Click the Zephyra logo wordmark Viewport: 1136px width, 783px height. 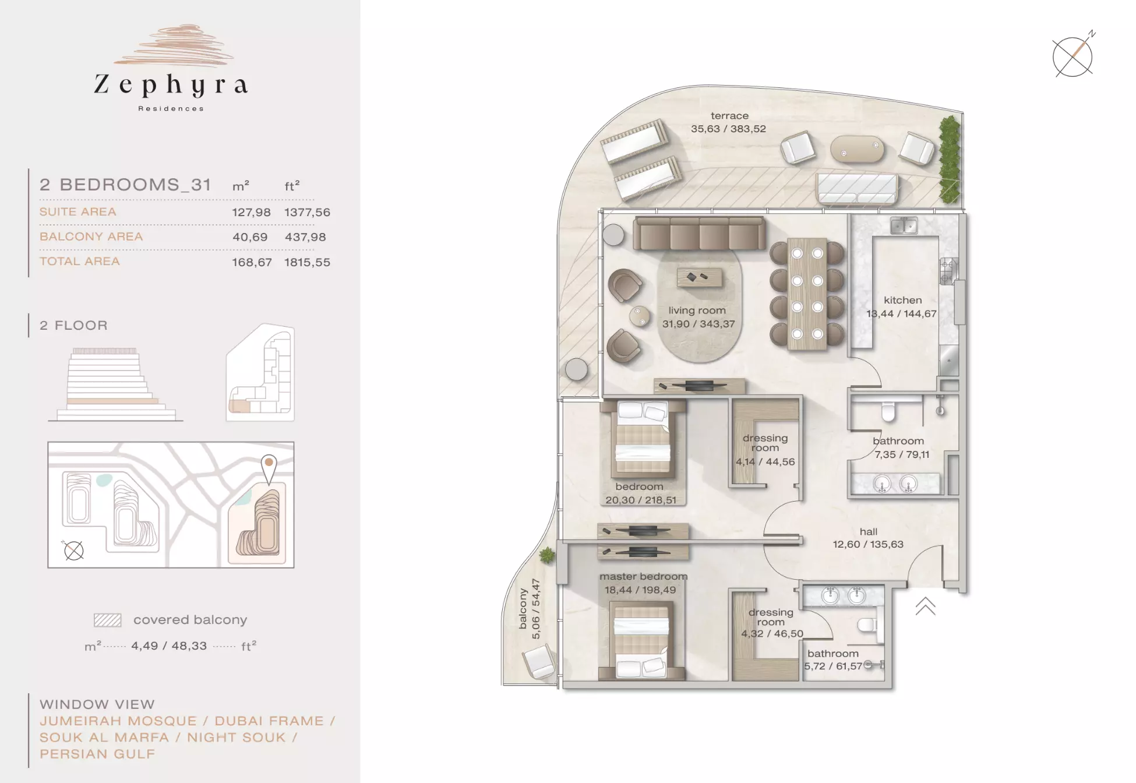point(171,86)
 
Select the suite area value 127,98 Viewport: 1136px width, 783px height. point(251,213)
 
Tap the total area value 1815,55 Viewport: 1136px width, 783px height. point(307,262)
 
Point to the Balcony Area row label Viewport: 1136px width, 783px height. point(91,237)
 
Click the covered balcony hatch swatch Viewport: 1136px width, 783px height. point(108,620)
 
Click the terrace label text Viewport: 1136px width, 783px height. point(729,115)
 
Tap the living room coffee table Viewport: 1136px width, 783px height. point(699,277)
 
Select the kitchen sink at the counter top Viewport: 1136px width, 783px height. point(904,225)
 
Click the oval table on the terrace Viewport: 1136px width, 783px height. point(857,150)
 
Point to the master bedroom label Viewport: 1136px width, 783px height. point(643,576)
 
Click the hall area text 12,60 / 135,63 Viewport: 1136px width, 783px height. point(868,544)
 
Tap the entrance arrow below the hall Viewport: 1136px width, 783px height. point(925,606)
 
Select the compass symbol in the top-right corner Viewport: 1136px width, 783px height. point(1073,56)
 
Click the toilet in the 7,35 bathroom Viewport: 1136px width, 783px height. point(888,411)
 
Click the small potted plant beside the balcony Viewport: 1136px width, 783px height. point(547,555)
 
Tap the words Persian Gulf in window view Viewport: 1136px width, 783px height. point(97,754)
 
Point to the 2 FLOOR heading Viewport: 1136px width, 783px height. point(73,325)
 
